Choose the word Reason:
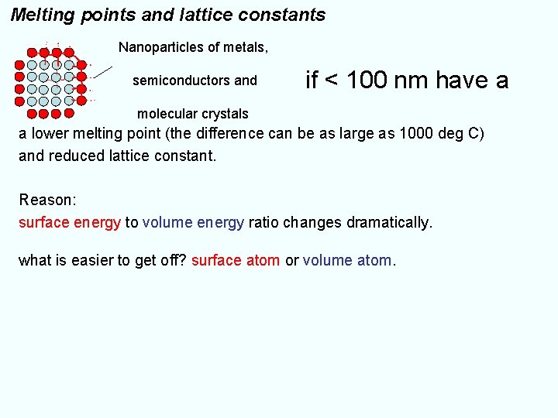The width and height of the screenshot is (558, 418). pyautogui.click(x=47, y=200)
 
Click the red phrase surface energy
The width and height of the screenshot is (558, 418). pyautogui.click(x=70, y=223)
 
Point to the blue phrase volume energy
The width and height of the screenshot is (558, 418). pyautogui.click(x=194, y=223)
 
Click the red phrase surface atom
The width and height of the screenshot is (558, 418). pyautogui.click(x=236, y=261)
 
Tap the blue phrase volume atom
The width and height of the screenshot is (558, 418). pyautogui.click(x=347, y=261)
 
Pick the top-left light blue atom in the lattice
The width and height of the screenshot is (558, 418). pyautogui.click(x=32, y=65)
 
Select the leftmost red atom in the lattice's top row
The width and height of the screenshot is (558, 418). pyautogui.click(x=32, y=53)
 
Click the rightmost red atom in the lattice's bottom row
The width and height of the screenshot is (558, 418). pyautogui.click(x=69, y=113)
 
